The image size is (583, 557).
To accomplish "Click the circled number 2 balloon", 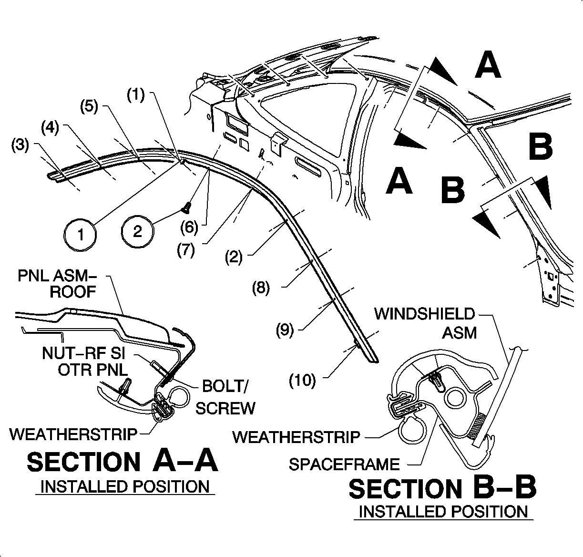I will tap(137, 231).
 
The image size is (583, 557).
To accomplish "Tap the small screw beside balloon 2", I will tap(186, 208).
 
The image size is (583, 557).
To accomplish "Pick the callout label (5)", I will tap(89, 106).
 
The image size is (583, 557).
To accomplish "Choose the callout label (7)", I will tap(185, 250).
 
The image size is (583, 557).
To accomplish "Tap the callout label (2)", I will tap(234, 258).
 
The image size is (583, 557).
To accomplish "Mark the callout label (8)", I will tap(261, 288).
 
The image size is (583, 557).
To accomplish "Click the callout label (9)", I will tap(285, 330).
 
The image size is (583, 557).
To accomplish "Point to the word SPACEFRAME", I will tap(344, 464).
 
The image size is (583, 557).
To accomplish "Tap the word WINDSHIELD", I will tap(424, 314).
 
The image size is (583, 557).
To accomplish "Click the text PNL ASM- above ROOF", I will tap(57, 276).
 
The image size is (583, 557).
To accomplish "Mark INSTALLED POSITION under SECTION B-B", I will tap(443, 512).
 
